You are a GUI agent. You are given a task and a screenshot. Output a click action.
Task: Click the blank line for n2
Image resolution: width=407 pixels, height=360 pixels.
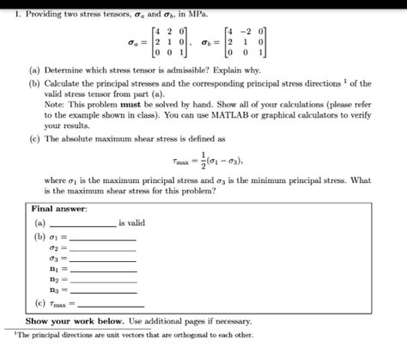coord(106,280)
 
